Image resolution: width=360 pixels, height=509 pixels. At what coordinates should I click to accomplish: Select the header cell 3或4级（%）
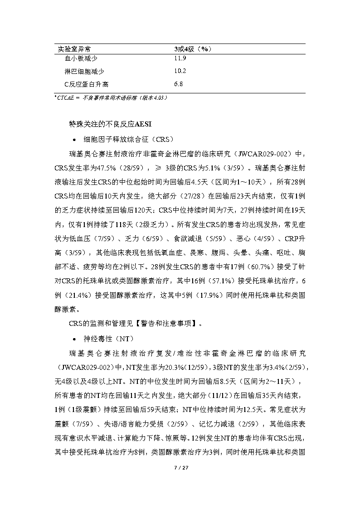(194, 48)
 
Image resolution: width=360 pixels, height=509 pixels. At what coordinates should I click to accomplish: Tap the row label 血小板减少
(82, 58)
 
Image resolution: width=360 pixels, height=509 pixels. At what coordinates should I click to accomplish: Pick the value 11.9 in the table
(180, 58)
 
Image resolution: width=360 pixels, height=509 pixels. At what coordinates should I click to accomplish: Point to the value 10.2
(180, 71)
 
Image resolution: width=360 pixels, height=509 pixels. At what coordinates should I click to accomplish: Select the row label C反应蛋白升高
(87, 84)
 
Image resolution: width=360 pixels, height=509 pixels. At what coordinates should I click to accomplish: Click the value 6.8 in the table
(179, 84)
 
